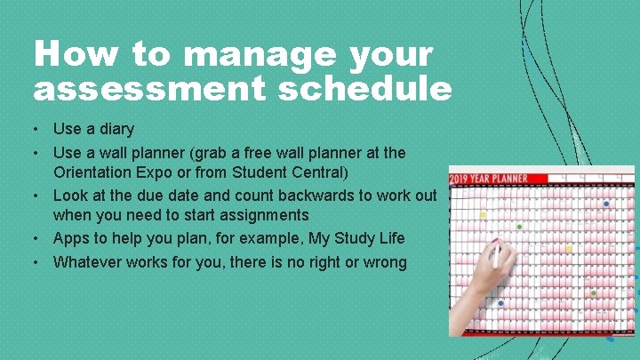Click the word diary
pyautogui.click(x=116, y=130)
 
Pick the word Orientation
pyautogui.click(x=97, y=172)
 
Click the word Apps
pyautogui.click(x=70, y=238)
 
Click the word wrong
pyautogui.click(x=383, y=261)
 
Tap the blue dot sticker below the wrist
pyautogui.click(x=500, y=304)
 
